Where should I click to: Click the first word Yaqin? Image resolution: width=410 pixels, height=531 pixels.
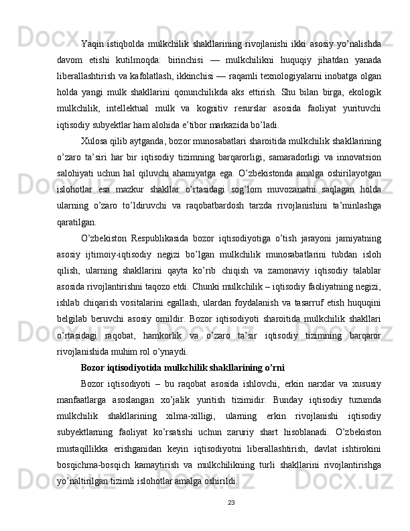pos(91,45)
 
